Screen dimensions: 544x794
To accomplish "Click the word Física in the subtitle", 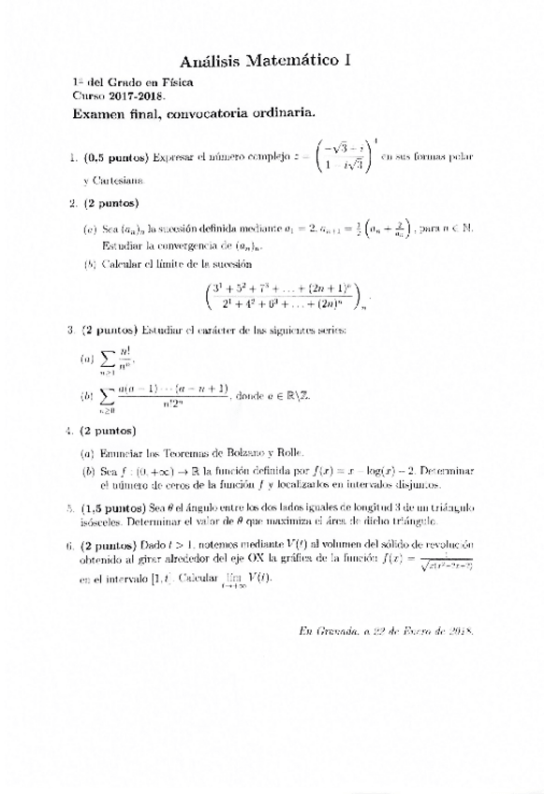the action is [177, 82].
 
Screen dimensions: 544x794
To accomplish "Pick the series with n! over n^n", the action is [115, 359].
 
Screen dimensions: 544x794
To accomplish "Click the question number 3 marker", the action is [71, 330].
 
